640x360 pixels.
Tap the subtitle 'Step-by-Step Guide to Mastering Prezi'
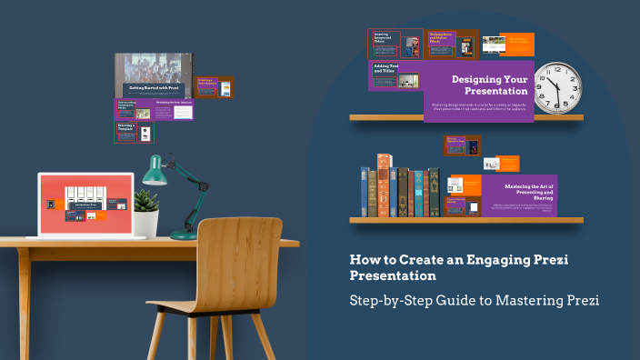(475, 299)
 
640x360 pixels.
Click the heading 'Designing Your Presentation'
(489, 85)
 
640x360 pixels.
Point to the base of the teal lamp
(184, 235)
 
